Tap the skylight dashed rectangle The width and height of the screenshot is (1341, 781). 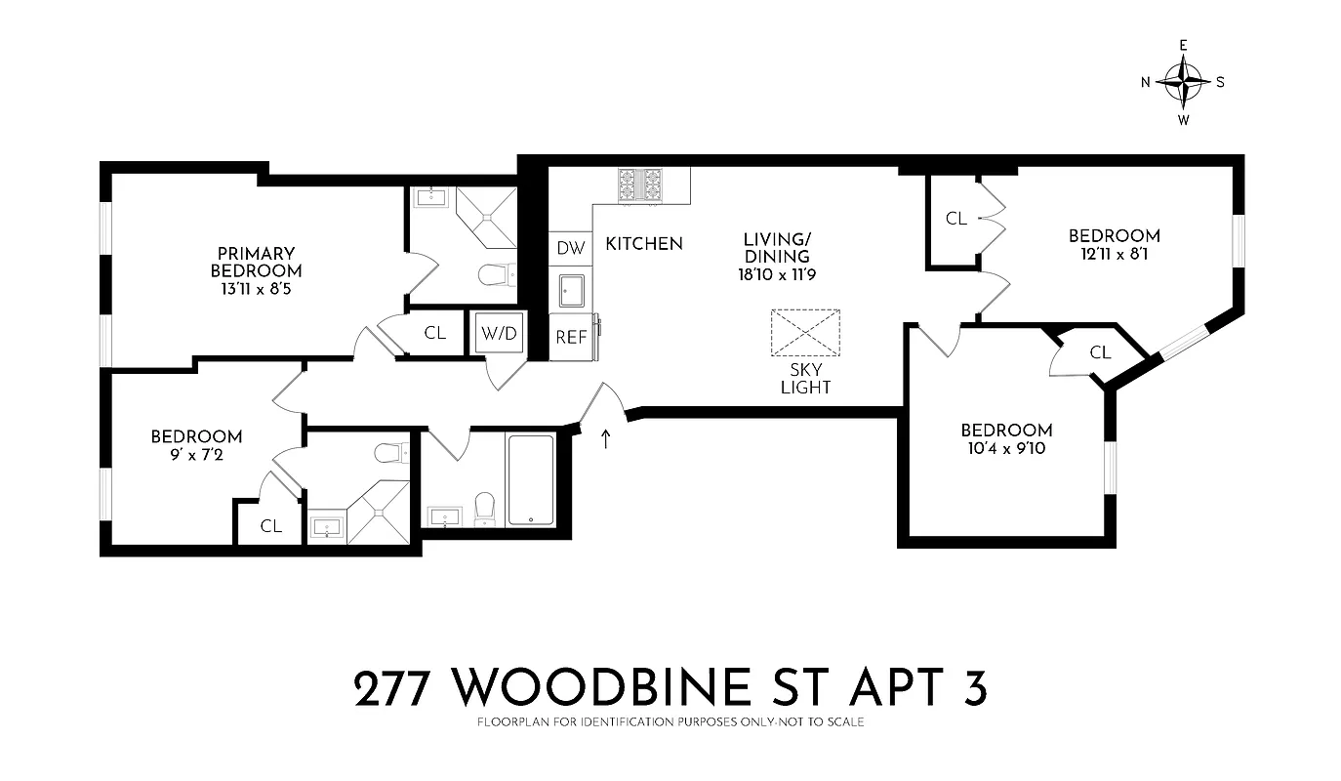click(x=805, y=333)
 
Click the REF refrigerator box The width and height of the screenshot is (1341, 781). click(x=571, y=337)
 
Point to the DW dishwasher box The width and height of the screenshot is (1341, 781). click(x=571, y=248)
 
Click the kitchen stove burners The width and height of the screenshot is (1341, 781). click(x=641, y=185)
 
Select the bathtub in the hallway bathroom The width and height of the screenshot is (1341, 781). click(x=530, y=479)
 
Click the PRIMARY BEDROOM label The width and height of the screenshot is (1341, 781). click(x=256, y=262)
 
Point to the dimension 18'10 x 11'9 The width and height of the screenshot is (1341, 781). click(x=777, y=274)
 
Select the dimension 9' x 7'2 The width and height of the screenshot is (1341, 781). click(x=196, y=455)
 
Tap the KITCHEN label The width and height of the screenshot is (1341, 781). click(x=644, y=243)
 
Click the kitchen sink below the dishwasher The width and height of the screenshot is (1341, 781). click(x=571, y=291)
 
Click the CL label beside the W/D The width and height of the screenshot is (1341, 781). click(x=435, y=333)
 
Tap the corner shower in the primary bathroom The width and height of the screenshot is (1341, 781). click(x=486, y=218)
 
